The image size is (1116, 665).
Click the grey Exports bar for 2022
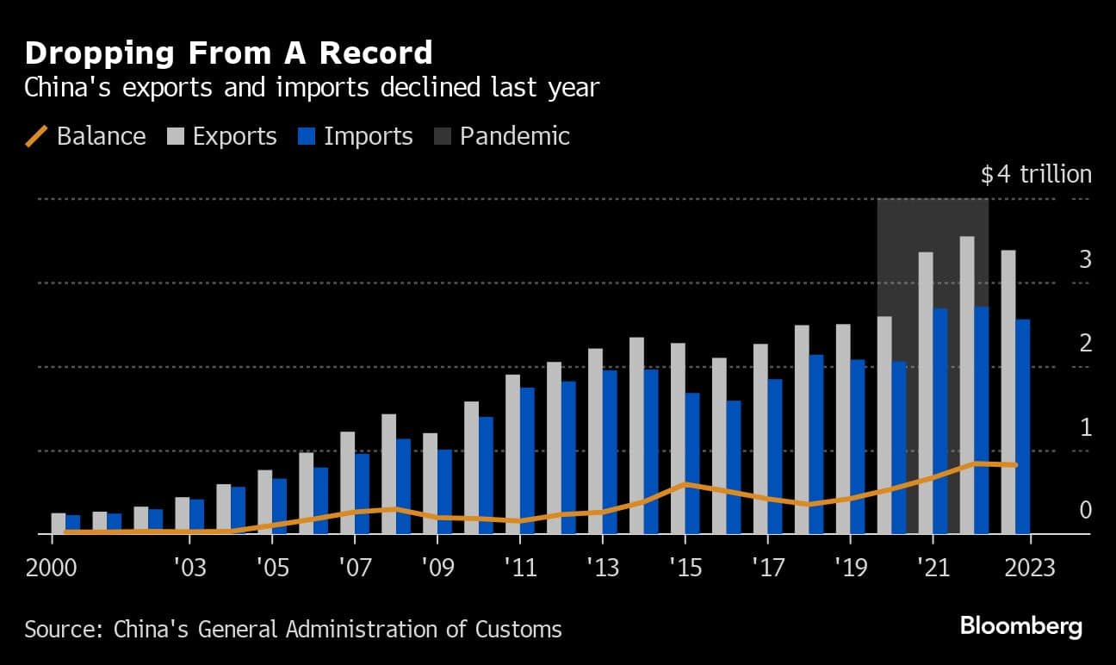[967, 385]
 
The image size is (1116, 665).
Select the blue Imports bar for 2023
[1022, 426]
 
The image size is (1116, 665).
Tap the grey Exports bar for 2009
[430, 483]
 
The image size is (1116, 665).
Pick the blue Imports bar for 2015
[691, 463]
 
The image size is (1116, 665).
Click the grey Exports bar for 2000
[59, 524]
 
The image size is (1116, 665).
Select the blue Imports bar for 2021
[939, 421]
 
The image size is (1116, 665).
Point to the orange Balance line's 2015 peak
[685, 484]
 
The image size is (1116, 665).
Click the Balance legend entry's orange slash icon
[36, 136]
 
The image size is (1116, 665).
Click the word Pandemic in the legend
[514, 136]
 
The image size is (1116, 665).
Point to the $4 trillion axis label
[1035, 175]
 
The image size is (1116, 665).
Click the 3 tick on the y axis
[1085, 258]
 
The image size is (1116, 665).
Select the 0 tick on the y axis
[1085, 510]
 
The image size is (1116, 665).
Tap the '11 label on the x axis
[519, 569]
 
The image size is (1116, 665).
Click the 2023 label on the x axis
[1030, 569]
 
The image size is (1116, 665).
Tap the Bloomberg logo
[1020, 626]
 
